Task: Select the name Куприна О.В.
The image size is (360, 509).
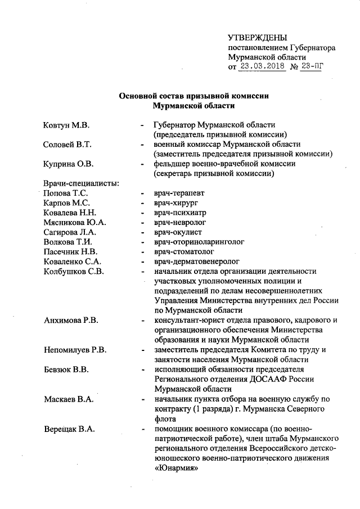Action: (69, 164)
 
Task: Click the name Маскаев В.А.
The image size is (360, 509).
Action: (69, 399)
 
